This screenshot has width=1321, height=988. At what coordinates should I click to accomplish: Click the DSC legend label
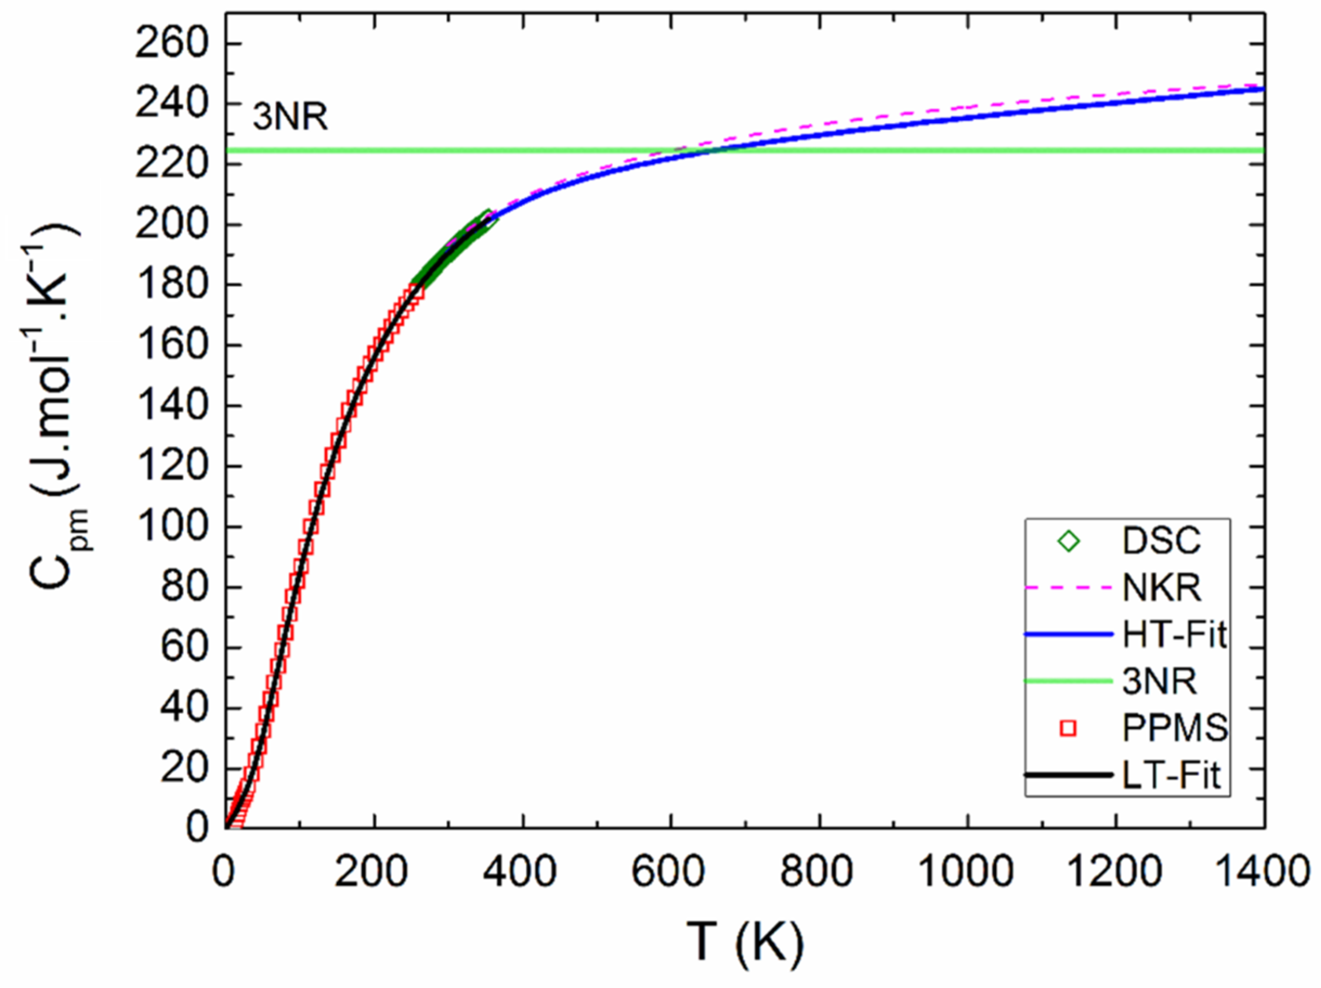pyautogui.click(x=1161, y=542)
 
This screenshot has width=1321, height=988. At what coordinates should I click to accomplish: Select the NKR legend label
pyautogui.click(x=1162, y=589)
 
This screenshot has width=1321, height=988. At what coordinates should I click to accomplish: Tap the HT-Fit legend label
pyautogui.click(x=1175, y=635)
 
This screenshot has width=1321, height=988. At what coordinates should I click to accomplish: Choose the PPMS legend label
pyautogui.click(x=1175, y=728)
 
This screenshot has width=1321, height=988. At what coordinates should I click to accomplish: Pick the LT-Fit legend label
pyautogui.click(x=1171, y=775)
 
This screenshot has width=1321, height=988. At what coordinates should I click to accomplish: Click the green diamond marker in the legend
pyautogui.click(x=1068, y=542)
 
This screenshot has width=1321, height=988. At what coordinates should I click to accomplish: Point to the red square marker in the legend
pyautogui.click(x=1068, y=728)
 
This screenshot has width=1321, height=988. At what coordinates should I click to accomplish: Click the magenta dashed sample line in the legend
pyautogui.click(x=1069, y=589)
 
